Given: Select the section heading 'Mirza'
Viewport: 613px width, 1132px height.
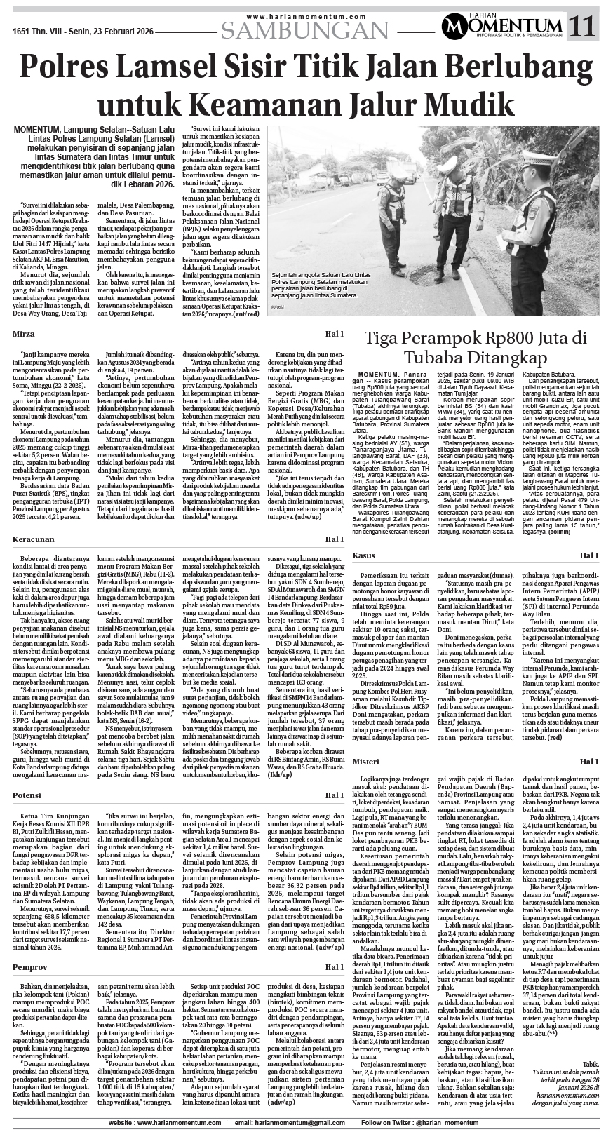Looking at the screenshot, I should point(25,335).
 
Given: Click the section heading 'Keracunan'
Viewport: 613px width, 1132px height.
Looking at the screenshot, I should point(34,520).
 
